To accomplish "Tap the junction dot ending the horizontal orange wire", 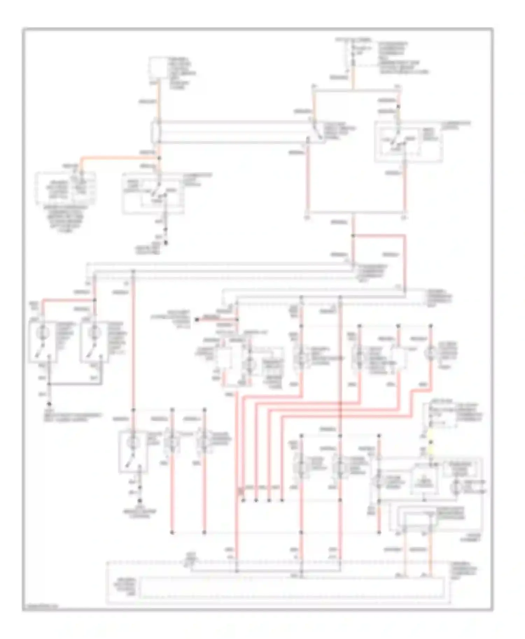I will pos(160,158).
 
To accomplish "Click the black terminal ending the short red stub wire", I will pos(197,319).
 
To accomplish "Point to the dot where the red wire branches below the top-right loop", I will pos(353,236).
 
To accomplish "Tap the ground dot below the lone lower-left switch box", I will pos(140,500).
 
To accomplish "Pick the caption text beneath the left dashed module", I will pos(66,217).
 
